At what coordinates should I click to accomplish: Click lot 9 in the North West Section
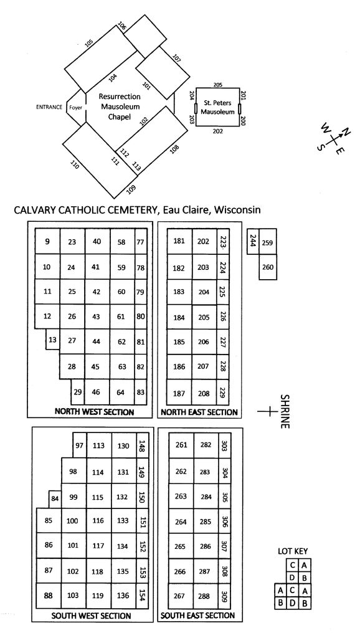click(47, 241)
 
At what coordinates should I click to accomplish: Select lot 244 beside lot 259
click(253, 241)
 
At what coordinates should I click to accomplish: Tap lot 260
click(268, 267)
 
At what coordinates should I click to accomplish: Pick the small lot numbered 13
click(52, 340)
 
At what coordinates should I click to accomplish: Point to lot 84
click(55, 499)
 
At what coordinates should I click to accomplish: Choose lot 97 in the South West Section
click(80, 445)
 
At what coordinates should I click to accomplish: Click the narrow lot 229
click(222, 393)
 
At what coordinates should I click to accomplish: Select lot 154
click(142, 596)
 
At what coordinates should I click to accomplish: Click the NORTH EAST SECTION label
click(199, 412)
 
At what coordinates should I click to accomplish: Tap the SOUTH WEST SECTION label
click(91, 616)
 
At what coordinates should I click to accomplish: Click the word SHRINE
click(285, 411)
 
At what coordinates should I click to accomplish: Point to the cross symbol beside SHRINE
click(267, 411)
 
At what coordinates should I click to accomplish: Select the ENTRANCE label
click(49, 107)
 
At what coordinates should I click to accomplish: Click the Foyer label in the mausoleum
click(75, 108)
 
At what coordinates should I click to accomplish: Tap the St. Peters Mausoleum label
click(217, 107)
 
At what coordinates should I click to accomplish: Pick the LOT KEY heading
click(293, 551)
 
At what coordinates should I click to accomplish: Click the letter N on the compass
click(346, 132)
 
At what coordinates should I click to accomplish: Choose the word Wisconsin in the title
click(237, 210)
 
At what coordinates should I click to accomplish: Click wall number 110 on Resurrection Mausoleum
click(74, 164)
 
